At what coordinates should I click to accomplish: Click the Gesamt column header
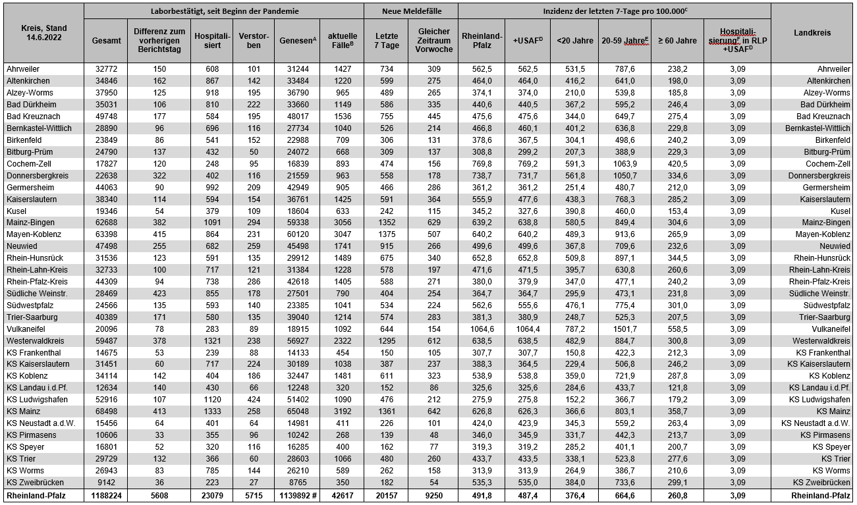pyautogui.click(x=106, y=40)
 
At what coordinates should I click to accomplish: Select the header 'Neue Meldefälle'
pyautogui.click(x=411, y=11)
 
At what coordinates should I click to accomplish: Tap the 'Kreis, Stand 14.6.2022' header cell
pyautogui.click(x=43, y=33)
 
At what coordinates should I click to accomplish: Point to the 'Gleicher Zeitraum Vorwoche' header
pyautogui.click(x=433, y=40)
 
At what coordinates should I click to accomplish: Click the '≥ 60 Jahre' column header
pyautogui.click(x=677, y=40)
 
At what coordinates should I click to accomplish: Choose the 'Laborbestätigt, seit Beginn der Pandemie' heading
pyautogui.click(x=224, y=11)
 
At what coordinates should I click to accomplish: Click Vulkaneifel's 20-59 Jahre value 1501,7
pyautogui.click(x=624, y=329)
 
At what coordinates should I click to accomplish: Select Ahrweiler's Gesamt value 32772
pyautogui.click(x=107, y=68)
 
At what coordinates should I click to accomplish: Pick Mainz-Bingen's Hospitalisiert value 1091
pyautogui.click(x=211, y=223)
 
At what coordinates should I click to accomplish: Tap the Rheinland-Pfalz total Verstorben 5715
pyautogui.click(x=254, y=495)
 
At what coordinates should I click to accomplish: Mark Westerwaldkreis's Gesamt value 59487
pyautogui.click(x=107, y=341)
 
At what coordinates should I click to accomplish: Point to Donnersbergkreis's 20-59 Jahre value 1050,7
pyautogui.click(x=624, y=175)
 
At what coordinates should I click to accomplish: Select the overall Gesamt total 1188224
pyautogui.click(x=107, y=495)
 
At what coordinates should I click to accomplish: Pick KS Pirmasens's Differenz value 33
pyautogui.click(x=159, y=435)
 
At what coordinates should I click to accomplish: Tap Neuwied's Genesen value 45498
pyautogui.click(x=296, y=246)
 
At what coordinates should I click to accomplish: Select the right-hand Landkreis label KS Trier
pyautogui.click(x=835, y=459)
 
